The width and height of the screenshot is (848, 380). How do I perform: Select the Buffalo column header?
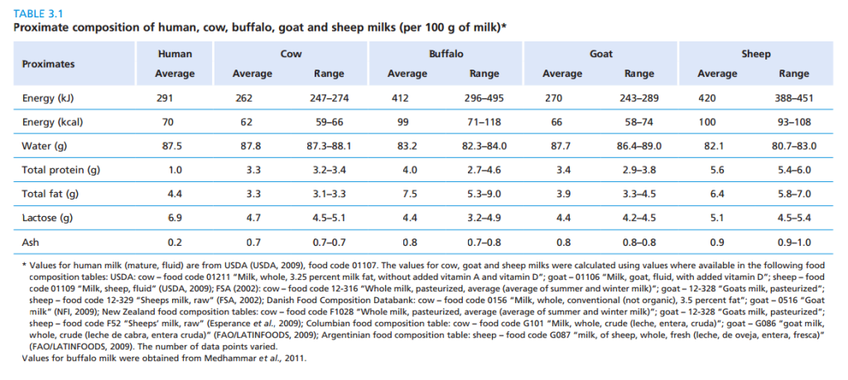[x=446, y=54]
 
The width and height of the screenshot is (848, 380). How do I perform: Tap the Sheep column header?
[x=755, y=54]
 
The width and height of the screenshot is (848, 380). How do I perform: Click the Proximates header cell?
[x=48, y=64]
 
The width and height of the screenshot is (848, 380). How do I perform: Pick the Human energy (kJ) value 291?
[x=165, y=98]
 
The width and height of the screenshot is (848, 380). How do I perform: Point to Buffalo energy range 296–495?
[x=484, y=98]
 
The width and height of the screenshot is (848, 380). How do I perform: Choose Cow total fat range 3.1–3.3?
[x=330, y=195]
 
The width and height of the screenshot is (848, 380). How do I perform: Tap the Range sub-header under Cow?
[x=330, y=74]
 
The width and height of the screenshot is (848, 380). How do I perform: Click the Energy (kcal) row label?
[x=53, y=122]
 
